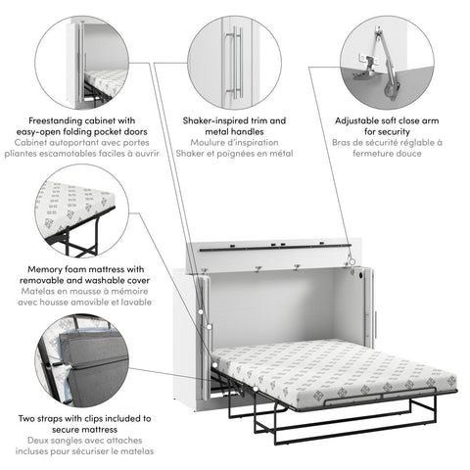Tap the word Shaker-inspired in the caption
[212, 119]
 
